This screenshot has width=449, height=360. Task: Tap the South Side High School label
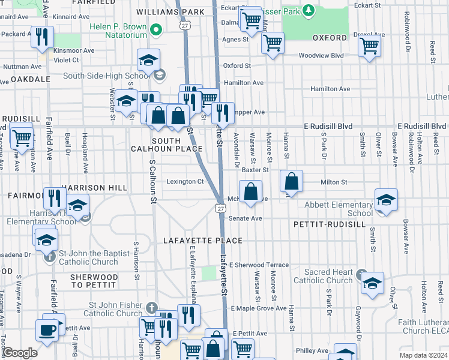113,76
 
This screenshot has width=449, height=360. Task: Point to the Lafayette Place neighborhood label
203,241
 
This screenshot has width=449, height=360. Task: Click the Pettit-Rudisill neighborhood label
330,224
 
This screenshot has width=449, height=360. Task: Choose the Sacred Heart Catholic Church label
324,276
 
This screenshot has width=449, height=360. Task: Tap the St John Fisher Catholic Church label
113,309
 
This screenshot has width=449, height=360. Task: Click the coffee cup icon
47,329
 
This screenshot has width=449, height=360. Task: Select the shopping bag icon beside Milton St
291,181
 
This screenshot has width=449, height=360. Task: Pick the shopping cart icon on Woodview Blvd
370,46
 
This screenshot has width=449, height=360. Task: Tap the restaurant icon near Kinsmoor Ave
42,37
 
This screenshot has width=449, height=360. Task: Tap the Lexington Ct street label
185,182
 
